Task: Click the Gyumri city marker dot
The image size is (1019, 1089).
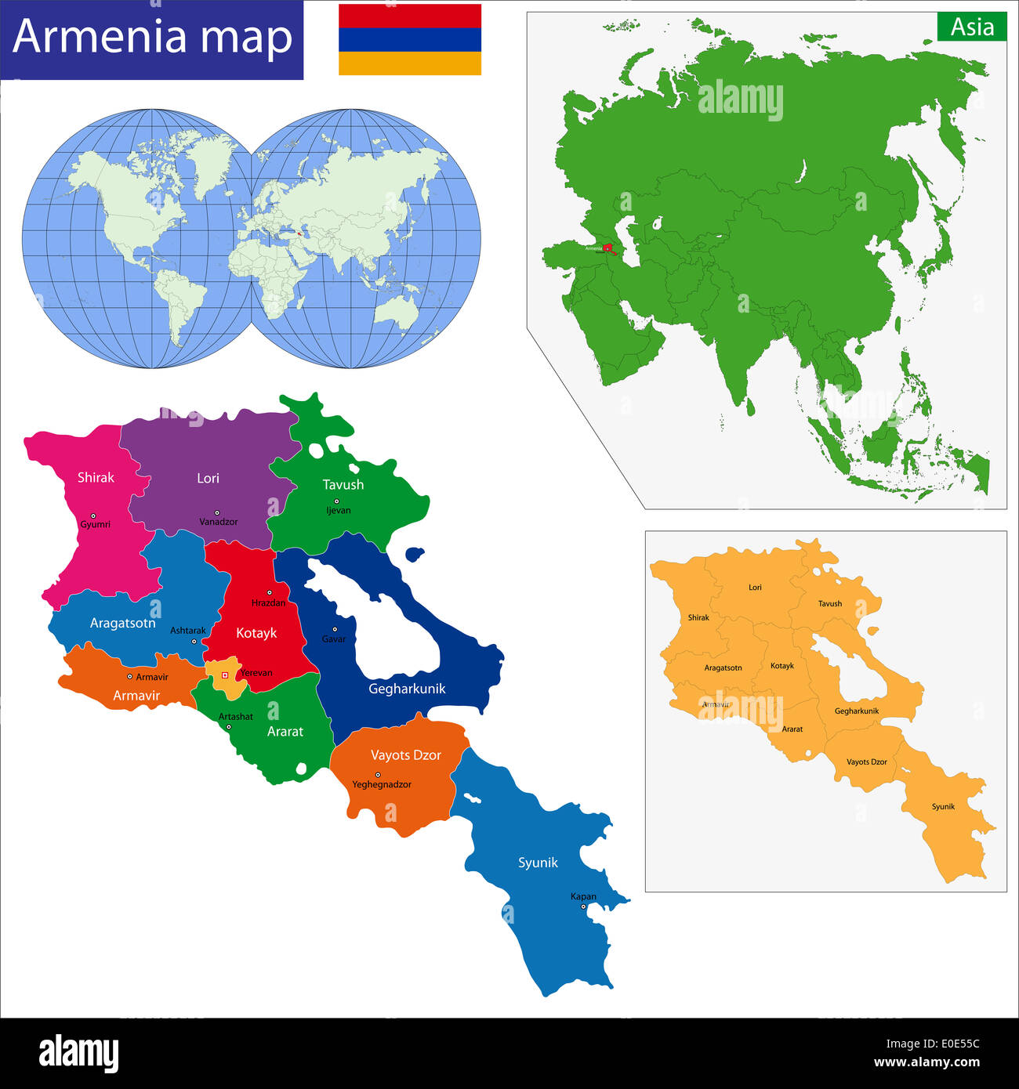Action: (x=93, y=516)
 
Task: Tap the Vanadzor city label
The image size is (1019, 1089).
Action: (x=218, y=522)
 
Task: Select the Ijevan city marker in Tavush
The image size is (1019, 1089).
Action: (x=336, y=501)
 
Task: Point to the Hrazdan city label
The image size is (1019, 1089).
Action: (x=268, y=603)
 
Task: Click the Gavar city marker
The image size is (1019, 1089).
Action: (x=335, y=629)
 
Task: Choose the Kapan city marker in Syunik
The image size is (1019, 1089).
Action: (x=583, y=906)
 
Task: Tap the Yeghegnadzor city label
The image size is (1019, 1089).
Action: (x=382, y=784)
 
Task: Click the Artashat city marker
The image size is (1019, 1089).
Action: (x=229, y=727)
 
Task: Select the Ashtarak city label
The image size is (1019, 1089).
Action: (x=188, y=631)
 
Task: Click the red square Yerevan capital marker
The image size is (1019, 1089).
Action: (x=225, y=675)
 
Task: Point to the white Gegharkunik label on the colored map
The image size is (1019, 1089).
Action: (x=407, y=689)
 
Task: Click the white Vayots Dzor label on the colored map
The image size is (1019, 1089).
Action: (x=406, y=755)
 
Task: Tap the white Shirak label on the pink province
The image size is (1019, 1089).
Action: (x=96, y=478)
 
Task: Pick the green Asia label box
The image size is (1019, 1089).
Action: (x=972, y=27)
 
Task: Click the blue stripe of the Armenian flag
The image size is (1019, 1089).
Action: (x=409, y=39)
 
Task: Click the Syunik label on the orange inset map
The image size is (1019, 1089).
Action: (x=943, y=807)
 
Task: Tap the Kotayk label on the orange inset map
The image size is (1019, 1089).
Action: (x=782, y=666)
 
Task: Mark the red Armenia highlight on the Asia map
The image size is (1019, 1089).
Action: (x=607, y=248)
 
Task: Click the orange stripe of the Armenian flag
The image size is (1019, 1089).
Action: (x=409, y=63)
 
